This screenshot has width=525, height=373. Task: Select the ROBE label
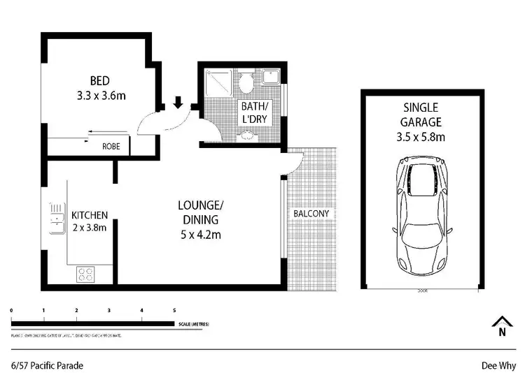click(111, 147)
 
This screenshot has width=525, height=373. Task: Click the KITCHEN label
click(90, 214)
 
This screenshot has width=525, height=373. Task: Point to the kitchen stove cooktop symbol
click(85, 275)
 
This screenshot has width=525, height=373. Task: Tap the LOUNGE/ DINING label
click(200, 212)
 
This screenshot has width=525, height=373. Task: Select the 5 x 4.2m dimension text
click(200, 235)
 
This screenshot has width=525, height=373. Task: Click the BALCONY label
click(311, 214)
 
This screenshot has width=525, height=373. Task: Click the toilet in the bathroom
click(246, 83)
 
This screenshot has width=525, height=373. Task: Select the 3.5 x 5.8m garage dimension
click(420, 137)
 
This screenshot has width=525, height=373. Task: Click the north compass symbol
click(501, 327)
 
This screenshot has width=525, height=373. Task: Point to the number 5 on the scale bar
click(174, 309)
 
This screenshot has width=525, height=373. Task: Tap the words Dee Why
click(498, 365)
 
